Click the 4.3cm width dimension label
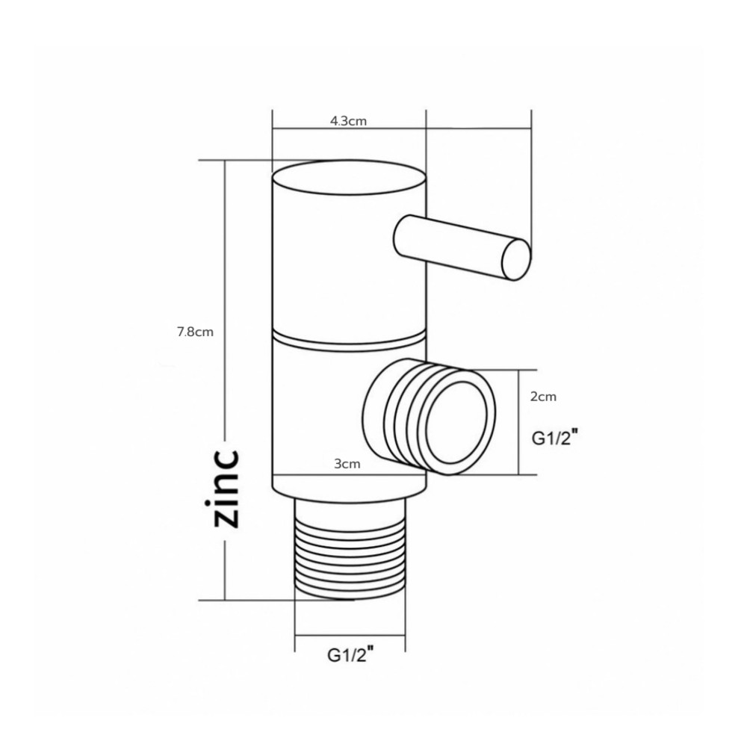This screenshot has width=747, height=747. (348, 121)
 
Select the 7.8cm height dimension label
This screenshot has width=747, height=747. (195, 332)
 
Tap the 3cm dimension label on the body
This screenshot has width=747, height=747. (347, 464)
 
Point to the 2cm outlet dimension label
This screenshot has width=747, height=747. (543, 397)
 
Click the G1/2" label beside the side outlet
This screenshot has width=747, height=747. (556, 437)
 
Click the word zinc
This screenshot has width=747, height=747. (226, 489)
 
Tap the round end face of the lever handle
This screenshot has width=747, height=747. (516, 260)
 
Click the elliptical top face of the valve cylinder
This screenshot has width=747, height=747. (349, 178)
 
